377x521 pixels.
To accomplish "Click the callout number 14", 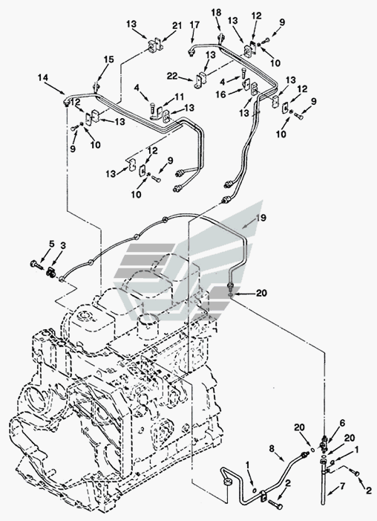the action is pyautogui.click(x=43, y=78).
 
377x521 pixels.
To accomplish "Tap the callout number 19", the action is pyautogui.click(x=261, y=219).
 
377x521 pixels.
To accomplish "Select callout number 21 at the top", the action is pyautogui.click(x=177, y=25).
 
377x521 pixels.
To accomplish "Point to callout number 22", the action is pyautogui.click(x=172, y=76).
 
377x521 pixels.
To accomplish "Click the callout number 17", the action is pyautogui.click(x=194, y=25).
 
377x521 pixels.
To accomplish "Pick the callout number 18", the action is pyautogui.click(x=216, y=13).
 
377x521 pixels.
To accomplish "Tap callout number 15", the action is pyautogui.click(x=108, y=59).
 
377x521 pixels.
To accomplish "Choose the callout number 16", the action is pyautogui.click(x=221, y=94).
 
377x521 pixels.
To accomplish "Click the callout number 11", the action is pyautogui.click(x=179, y=97).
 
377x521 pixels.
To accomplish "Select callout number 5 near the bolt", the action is pyautogui.click(x=51, y=244).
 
